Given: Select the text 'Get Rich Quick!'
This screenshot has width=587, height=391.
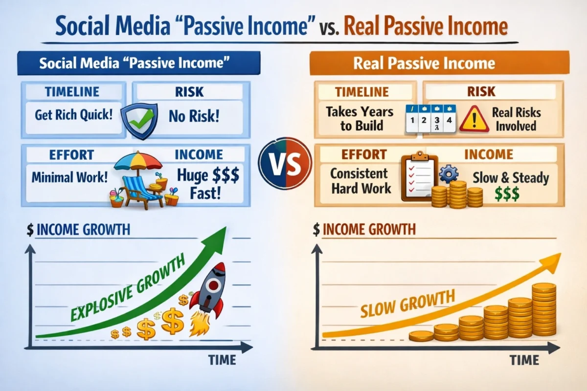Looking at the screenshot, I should point(73,116).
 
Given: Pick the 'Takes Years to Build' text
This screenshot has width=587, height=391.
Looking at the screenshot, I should point(360,118).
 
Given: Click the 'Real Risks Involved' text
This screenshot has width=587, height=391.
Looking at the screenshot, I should point(516,119).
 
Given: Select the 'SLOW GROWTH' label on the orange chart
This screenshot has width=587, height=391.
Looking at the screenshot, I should point(407,304).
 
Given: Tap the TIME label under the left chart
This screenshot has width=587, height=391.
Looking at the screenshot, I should point(222,360).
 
